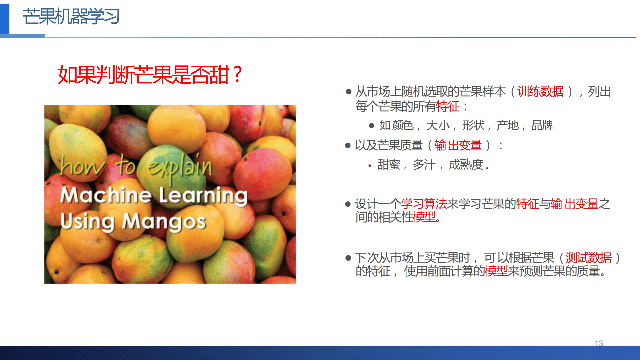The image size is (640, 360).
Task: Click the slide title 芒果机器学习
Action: tap(71, 16)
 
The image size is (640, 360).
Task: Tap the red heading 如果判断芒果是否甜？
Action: tap(150, 74)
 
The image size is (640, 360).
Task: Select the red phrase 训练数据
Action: tap(540, 91)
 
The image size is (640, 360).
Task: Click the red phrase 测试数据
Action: tap(588, 258)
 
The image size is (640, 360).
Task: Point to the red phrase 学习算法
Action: tap(424, 204)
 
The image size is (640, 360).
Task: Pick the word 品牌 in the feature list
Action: tap(542, 125)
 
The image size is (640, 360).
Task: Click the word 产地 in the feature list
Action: tap(507, 125)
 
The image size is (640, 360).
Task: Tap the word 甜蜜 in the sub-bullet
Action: tap(388, 165)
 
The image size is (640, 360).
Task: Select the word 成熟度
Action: tap(466, 165)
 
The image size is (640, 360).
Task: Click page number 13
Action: tap(599, 343)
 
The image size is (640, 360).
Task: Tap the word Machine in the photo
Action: tap(106, 195)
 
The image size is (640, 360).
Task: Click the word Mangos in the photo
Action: tap(164, 222)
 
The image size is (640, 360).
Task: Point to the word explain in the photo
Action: tap(180, 167)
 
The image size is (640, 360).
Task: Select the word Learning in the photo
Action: tap(203, 196)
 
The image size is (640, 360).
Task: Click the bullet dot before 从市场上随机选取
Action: tap(348, 91)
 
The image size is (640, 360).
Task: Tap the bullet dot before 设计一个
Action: tap(348, 204)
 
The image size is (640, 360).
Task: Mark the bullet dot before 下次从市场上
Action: tap(348, 258)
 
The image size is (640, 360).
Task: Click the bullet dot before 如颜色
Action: tap(372, 126)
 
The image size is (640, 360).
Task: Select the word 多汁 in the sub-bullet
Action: tap(424, 165)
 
